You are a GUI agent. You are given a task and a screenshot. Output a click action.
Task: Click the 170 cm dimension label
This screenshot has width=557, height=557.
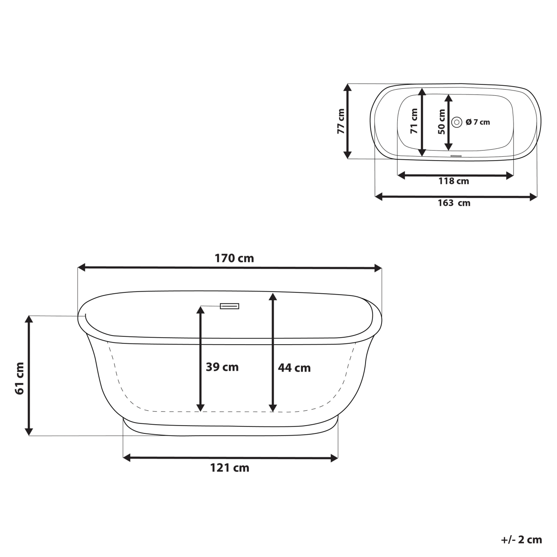pos(234,258)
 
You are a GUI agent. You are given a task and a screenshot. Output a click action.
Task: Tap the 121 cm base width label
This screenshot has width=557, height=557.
pos(230,468)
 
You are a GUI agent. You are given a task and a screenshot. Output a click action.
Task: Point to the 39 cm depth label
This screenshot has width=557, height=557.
pos(222,367)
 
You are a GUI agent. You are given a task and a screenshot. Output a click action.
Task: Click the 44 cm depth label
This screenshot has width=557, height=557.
pos(294,368)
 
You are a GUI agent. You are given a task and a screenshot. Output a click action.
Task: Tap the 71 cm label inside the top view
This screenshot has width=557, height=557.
pos(414,121)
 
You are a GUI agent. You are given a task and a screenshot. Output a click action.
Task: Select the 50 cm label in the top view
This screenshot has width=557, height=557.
pos(441,121)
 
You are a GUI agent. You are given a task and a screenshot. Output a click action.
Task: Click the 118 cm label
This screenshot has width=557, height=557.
pos(453,181)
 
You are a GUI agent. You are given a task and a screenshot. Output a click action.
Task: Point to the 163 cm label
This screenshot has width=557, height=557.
pos(453,203)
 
